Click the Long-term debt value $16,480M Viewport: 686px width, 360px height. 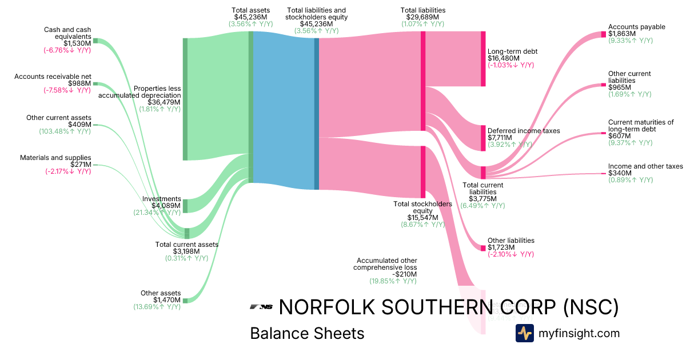pos(503,58)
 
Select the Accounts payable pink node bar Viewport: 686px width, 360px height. pos(603,34)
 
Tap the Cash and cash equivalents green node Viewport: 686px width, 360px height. pos(95,41)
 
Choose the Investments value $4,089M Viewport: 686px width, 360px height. pos(166,206)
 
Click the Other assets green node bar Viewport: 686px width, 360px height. pos(185,301)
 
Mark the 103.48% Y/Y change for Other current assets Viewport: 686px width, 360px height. pos(67,131)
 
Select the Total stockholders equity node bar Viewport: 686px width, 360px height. pos(423,171)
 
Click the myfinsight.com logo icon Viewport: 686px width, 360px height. pos(525,333)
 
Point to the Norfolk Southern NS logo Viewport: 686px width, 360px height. pos(261,307)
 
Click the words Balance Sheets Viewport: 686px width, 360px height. pos(307,334)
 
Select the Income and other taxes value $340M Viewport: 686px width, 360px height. pos(620,173)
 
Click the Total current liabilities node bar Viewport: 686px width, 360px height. pos(483,173)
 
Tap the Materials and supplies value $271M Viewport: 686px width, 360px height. pos(78,165)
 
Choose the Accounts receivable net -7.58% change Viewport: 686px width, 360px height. pos(67,90)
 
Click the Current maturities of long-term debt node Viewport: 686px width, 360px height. pos(603,133)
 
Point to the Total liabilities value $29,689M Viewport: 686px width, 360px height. pos(423,17)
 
